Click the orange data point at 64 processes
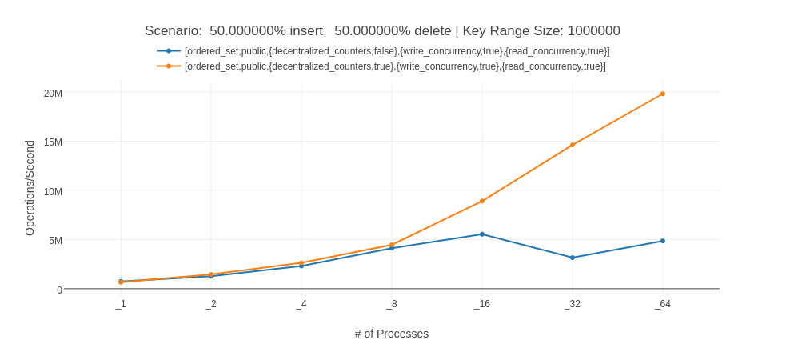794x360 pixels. [663, 94]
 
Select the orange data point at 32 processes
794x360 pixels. [573, 145]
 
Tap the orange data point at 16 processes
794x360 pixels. [482, 201]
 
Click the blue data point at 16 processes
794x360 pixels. [482, 234]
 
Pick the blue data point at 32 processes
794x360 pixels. [573, 258]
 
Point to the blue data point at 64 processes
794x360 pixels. [663, 241]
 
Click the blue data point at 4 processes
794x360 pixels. [301, 266]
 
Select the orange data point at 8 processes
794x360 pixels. [392, 245]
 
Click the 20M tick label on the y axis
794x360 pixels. [53, 94]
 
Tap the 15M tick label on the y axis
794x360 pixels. [53, 142]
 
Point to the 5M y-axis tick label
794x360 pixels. [55, 241]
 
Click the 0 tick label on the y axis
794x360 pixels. [59, 290]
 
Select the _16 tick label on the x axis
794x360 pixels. [482, 304]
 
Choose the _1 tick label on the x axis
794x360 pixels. [121, 304]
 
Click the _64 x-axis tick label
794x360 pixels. [663, 304]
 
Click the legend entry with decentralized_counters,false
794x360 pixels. [397, 51]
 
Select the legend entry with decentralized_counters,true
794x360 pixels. [395, 66]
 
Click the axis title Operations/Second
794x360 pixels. [30, 188]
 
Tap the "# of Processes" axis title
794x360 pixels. [392, 334]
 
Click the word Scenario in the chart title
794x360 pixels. [173, 31]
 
